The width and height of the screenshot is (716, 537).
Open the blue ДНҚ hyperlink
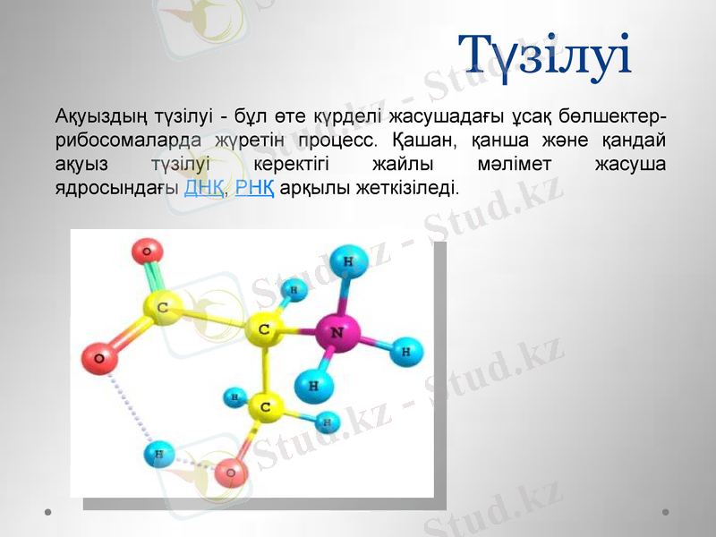click(x=204, y=189)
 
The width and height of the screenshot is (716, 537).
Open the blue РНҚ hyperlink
click(x=255, y=189)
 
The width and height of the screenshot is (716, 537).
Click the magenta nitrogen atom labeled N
click(x=336, y=333)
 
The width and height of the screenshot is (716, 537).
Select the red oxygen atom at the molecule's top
click(x=147, y=251)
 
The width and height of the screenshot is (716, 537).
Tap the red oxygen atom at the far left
click(x=99, y=360)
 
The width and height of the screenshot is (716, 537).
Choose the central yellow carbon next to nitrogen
click(x=264, y=329)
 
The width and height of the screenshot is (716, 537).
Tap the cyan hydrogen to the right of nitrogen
click(x=406, y=351)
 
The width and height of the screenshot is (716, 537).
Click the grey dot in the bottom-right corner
click(x=666, y=513)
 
